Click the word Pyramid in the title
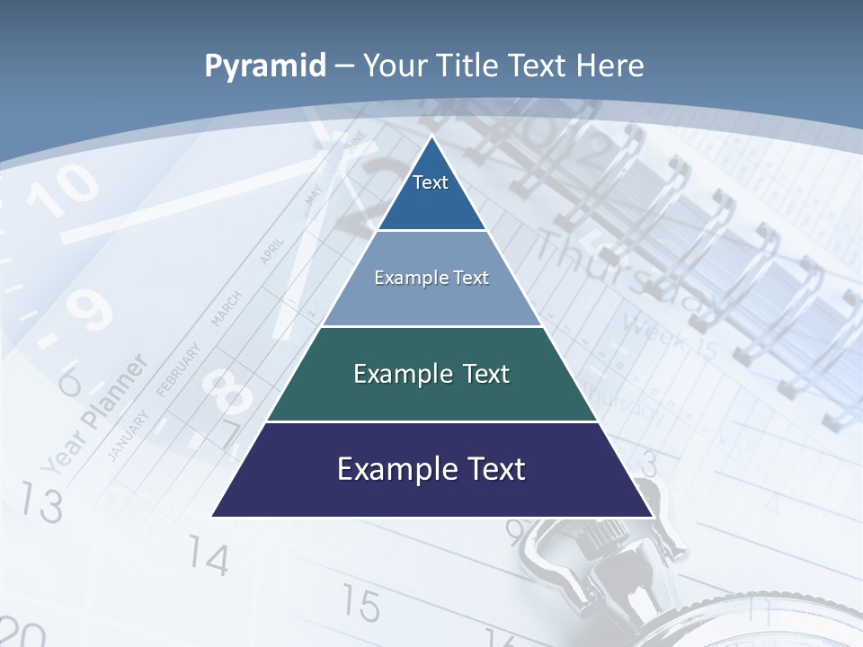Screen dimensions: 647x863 [x=265, y=66]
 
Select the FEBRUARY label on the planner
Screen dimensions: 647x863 [x=179, y=368]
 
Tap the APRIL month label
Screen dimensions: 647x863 [x=272, y=251]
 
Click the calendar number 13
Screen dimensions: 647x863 [x=41, y=502]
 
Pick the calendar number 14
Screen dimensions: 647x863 [x=209, y=558]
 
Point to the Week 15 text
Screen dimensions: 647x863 [x=670, y=334]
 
